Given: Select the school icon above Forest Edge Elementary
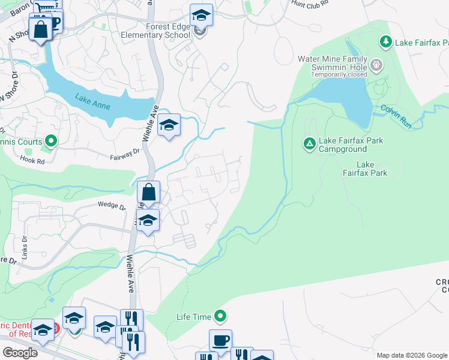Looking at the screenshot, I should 201,15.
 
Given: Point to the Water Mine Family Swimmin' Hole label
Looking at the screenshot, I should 333,63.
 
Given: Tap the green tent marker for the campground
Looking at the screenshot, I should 309,144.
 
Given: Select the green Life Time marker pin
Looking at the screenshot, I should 220,316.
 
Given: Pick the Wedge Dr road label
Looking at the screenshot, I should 112,206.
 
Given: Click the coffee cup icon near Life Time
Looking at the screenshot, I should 220,340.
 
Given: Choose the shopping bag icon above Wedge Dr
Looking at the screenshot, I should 148,193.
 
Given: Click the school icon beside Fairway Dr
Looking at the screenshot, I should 169,125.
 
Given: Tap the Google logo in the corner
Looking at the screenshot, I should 20,353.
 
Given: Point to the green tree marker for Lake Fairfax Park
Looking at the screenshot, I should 385,42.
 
